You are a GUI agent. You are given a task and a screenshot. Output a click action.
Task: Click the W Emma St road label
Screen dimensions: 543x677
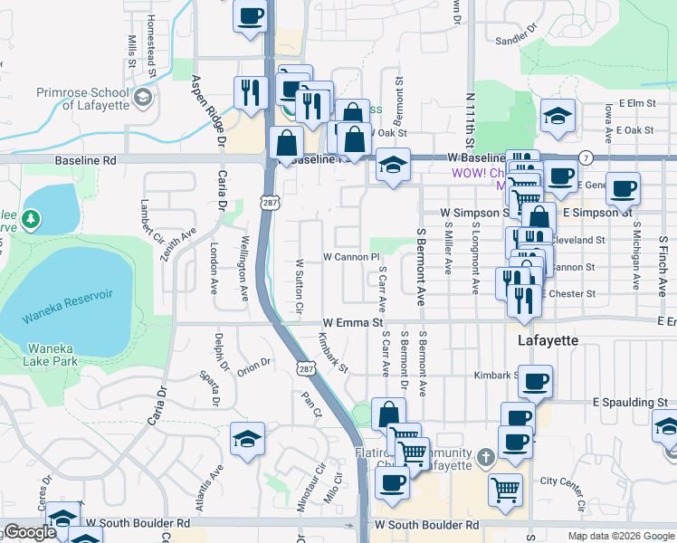coord(354,322)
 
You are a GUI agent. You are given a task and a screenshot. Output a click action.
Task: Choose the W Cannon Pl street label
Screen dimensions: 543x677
coord(350,257)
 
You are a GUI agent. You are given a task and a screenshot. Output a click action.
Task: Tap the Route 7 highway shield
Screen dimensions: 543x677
coord(586,157)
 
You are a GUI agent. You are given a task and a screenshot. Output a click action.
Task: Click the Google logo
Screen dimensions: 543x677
coord(29,532)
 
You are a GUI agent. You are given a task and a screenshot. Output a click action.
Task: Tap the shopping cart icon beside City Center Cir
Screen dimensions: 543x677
coord(505,490)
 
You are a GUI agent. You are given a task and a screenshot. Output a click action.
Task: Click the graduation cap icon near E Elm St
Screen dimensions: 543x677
coord(558,115)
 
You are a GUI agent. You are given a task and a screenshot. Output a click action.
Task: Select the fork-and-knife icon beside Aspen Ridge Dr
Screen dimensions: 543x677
coord(249,91)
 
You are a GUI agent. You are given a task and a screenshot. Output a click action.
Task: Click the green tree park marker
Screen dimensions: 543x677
coord(32,219)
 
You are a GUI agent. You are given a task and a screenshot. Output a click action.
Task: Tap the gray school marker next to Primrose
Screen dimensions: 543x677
coord(142,97)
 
